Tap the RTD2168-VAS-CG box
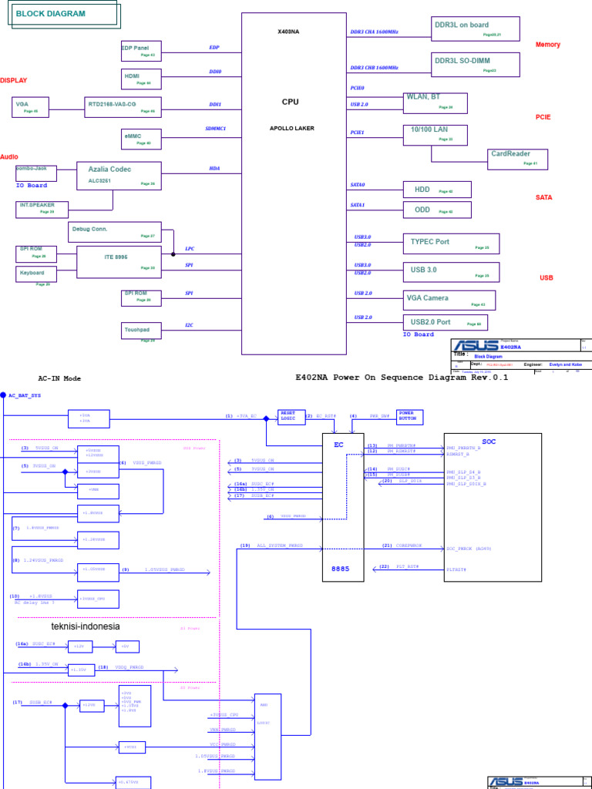point(123,107)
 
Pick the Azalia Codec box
point(119,176)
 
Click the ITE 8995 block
point(119,261)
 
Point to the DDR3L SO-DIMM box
point(476,64)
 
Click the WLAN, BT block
point(436,102)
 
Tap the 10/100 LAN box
point(436,134)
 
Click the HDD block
point(437,190)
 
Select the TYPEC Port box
point(451,244)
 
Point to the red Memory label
point(548,45)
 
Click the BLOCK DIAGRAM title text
point(47,15)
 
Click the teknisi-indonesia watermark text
point(86,626)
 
